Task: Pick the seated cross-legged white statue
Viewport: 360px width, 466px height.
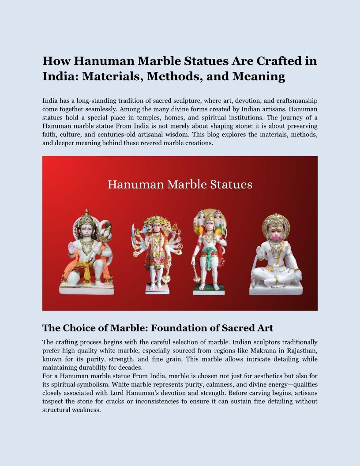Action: [x=276, y=256]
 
